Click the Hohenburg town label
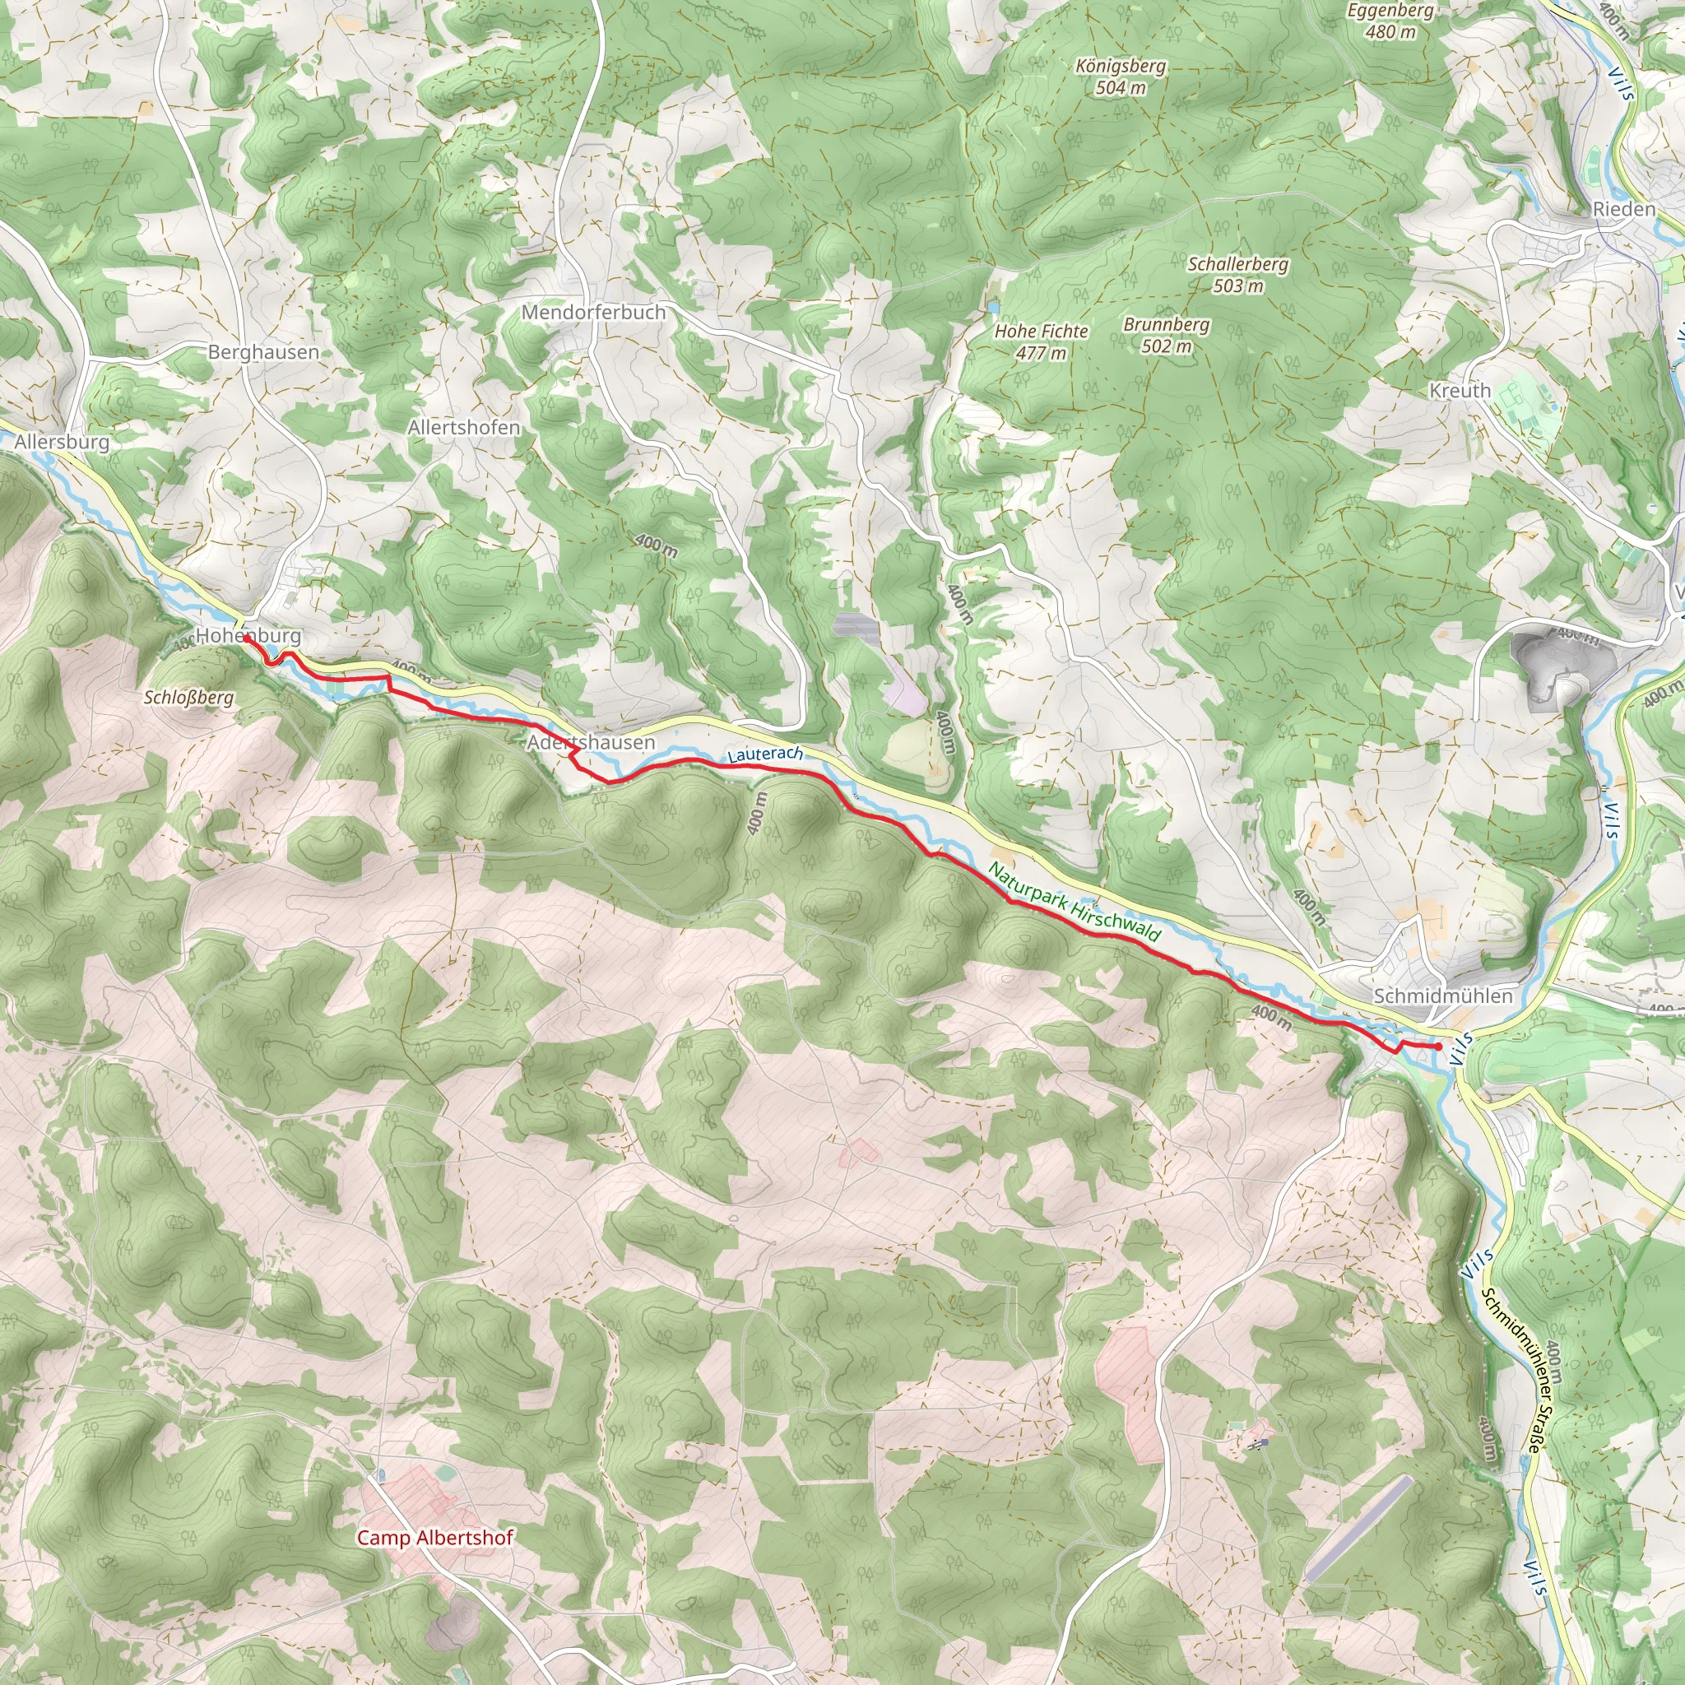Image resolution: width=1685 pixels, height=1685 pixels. pos(248,636)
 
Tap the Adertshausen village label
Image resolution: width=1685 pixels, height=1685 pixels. pos(591,742)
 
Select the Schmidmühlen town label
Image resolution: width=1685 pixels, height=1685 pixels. pos(1442,996)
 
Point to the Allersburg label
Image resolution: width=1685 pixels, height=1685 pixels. pos(62,442)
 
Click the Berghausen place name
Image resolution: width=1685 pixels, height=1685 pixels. pos(263,352)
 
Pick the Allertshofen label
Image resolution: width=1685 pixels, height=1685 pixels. pos(464,428)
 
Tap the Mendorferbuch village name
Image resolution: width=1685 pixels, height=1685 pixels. pos(593,312)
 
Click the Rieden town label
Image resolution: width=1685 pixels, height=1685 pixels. pos(1623,209)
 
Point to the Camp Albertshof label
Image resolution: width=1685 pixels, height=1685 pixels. pos(434,1538)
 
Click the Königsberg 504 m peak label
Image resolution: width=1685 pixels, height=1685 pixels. pos(1120,77)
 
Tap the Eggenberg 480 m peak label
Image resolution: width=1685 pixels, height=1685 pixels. pos(1390,21)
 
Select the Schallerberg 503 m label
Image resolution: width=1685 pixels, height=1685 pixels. pos(1237,275)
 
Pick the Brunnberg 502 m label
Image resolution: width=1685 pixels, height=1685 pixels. pos(1166,335)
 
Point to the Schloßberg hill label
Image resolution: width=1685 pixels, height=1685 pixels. pos(188,698)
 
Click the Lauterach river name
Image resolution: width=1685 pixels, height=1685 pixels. pos(764,754)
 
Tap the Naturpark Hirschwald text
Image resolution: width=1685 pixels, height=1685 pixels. pos(1074,902)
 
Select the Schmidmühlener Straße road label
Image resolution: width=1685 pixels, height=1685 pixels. pos(1511,1370)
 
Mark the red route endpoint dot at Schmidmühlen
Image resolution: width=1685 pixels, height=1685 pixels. pos(1437,1046)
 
